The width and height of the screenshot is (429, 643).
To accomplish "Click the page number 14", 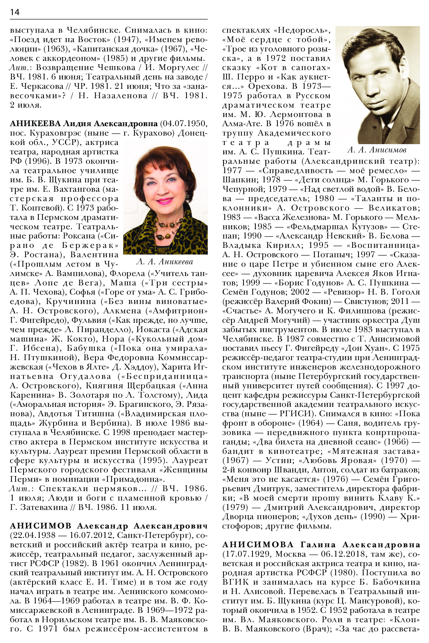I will tap(15, 12).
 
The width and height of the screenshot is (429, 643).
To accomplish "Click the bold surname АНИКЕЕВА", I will tap(35, 124).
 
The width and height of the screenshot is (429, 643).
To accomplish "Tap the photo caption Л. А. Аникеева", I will tap(165, 262).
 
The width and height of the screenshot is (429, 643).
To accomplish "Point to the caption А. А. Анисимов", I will tap(377, 150).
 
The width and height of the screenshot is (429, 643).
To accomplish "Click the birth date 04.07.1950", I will tap(183, 124).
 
